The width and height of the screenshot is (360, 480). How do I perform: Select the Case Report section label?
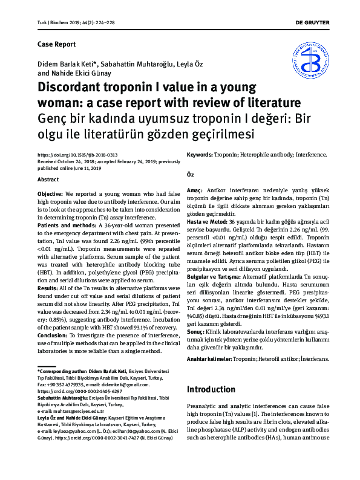click(56, 44)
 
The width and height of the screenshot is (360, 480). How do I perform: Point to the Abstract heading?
click(48, 180)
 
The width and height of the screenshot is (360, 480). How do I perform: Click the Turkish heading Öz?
click(189, 175)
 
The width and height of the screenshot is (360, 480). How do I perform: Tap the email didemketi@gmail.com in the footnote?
click(123, 384)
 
